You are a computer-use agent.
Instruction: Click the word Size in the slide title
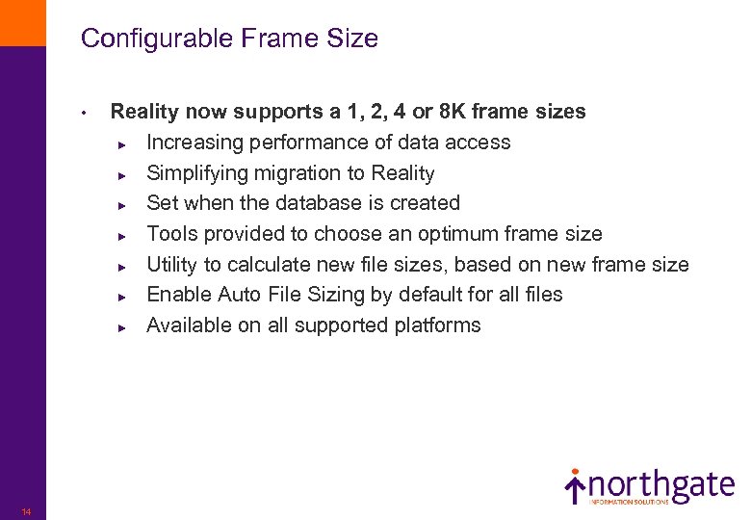(x=356, y=39)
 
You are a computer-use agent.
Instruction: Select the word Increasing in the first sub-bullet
(x=195, y=143)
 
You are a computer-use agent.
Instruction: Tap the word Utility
(x=173, y=264)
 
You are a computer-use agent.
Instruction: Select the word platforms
(x=437, y=325)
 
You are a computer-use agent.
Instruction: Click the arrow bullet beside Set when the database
(x=122, y=204)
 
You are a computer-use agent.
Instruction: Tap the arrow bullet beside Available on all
(x=122, y=326)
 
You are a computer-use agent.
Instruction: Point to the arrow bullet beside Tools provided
(x=122, y=235)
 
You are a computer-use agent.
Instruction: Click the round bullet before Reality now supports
(x=85, y=114)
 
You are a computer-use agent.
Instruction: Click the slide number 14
(x=26, y=511)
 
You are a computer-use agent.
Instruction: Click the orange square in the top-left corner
(x=22, y=22)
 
